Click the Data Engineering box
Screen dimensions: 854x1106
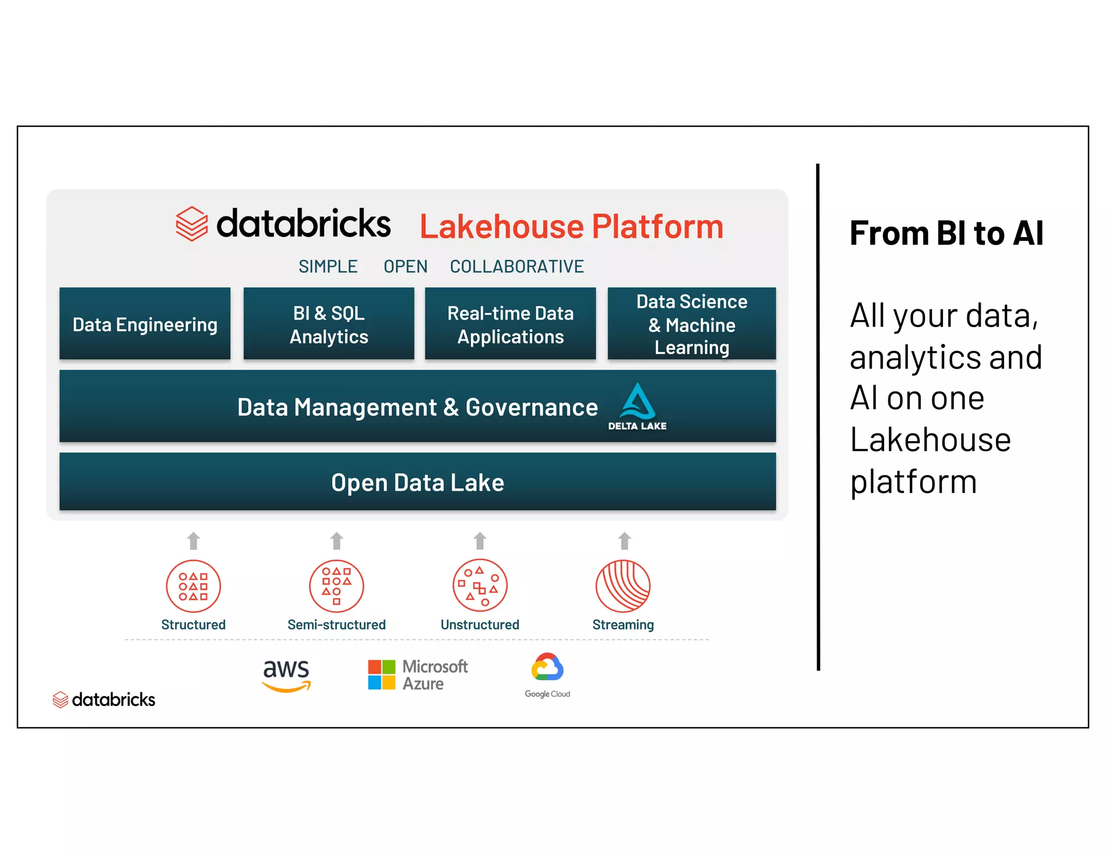point(145,324)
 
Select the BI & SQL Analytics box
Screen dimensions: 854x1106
point(328,324)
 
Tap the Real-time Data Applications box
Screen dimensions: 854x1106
point(510,324)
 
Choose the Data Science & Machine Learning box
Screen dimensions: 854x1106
point(692,324)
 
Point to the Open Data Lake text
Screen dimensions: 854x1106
point(417,482)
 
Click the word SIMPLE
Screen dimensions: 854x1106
point(328,266)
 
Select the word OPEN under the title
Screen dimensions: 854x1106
point(405,266)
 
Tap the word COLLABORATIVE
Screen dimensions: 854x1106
point(517,266)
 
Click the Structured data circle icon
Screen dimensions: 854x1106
point(193,586)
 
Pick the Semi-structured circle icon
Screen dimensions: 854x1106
point(336,586)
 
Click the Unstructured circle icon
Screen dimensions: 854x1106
point(480,586)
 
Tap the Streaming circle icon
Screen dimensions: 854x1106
point(623,586)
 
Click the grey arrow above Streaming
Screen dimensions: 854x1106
point(625,540)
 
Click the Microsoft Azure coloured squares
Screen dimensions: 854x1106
point(382,674)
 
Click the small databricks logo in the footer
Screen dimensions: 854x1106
point(104,700)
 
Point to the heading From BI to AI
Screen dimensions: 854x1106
point(946,233)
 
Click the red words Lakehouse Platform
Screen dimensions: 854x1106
point(571,226)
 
